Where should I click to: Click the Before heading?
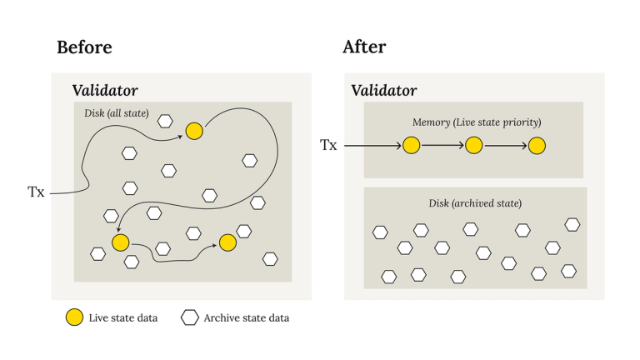click(x=84, y=47)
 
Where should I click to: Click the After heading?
click(x=364, y=47)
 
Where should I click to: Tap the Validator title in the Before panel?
click(x=105, y=90)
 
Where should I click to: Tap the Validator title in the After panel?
click(x=384, y=90)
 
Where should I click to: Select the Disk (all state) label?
click(x=116, y=112)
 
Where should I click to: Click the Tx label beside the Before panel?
click(x=36, y=192)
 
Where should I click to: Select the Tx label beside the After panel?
click(x=328, y=146)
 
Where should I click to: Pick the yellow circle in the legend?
click(x=75, y=317)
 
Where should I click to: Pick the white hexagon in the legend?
click(x=190, y=317)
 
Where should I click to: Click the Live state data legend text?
click(x=122, y=317)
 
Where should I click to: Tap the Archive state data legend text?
click(x=247, y=317)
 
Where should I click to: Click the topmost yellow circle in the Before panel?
click(x=194, y=131)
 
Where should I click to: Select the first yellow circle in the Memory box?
click(x=411, y=146)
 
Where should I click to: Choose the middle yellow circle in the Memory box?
click(x=474, y=146)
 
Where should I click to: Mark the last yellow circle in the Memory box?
click(x=537, y=146)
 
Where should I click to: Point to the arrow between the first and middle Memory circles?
click(x=442, y=146)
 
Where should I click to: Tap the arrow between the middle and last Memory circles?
click(x=506, y=146)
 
